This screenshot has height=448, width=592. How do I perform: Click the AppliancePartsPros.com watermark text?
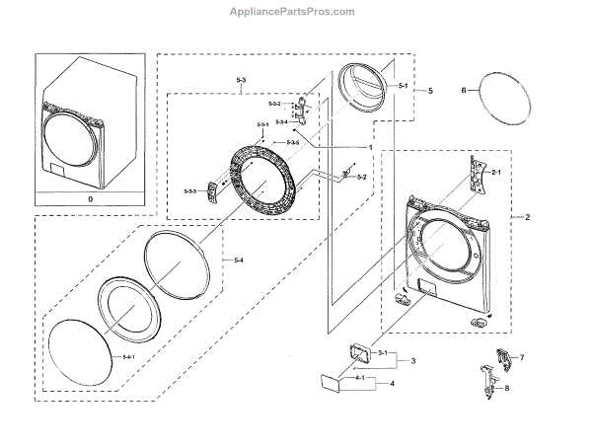coord(295,11)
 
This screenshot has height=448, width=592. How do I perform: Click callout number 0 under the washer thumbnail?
coord(92,198)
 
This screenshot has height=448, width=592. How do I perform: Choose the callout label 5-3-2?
coord(275,104)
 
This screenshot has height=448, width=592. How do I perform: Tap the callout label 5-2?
coord(362,177)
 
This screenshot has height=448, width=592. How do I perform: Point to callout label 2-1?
coord(496,173)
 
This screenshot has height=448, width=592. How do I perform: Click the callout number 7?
coord(522,356)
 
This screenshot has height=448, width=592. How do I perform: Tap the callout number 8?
coord(507,388)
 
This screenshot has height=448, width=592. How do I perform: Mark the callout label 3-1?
coord(389,352)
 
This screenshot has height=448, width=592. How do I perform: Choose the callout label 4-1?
coord(361,378)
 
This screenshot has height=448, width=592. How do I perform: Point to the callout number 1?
coord(369,147)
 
